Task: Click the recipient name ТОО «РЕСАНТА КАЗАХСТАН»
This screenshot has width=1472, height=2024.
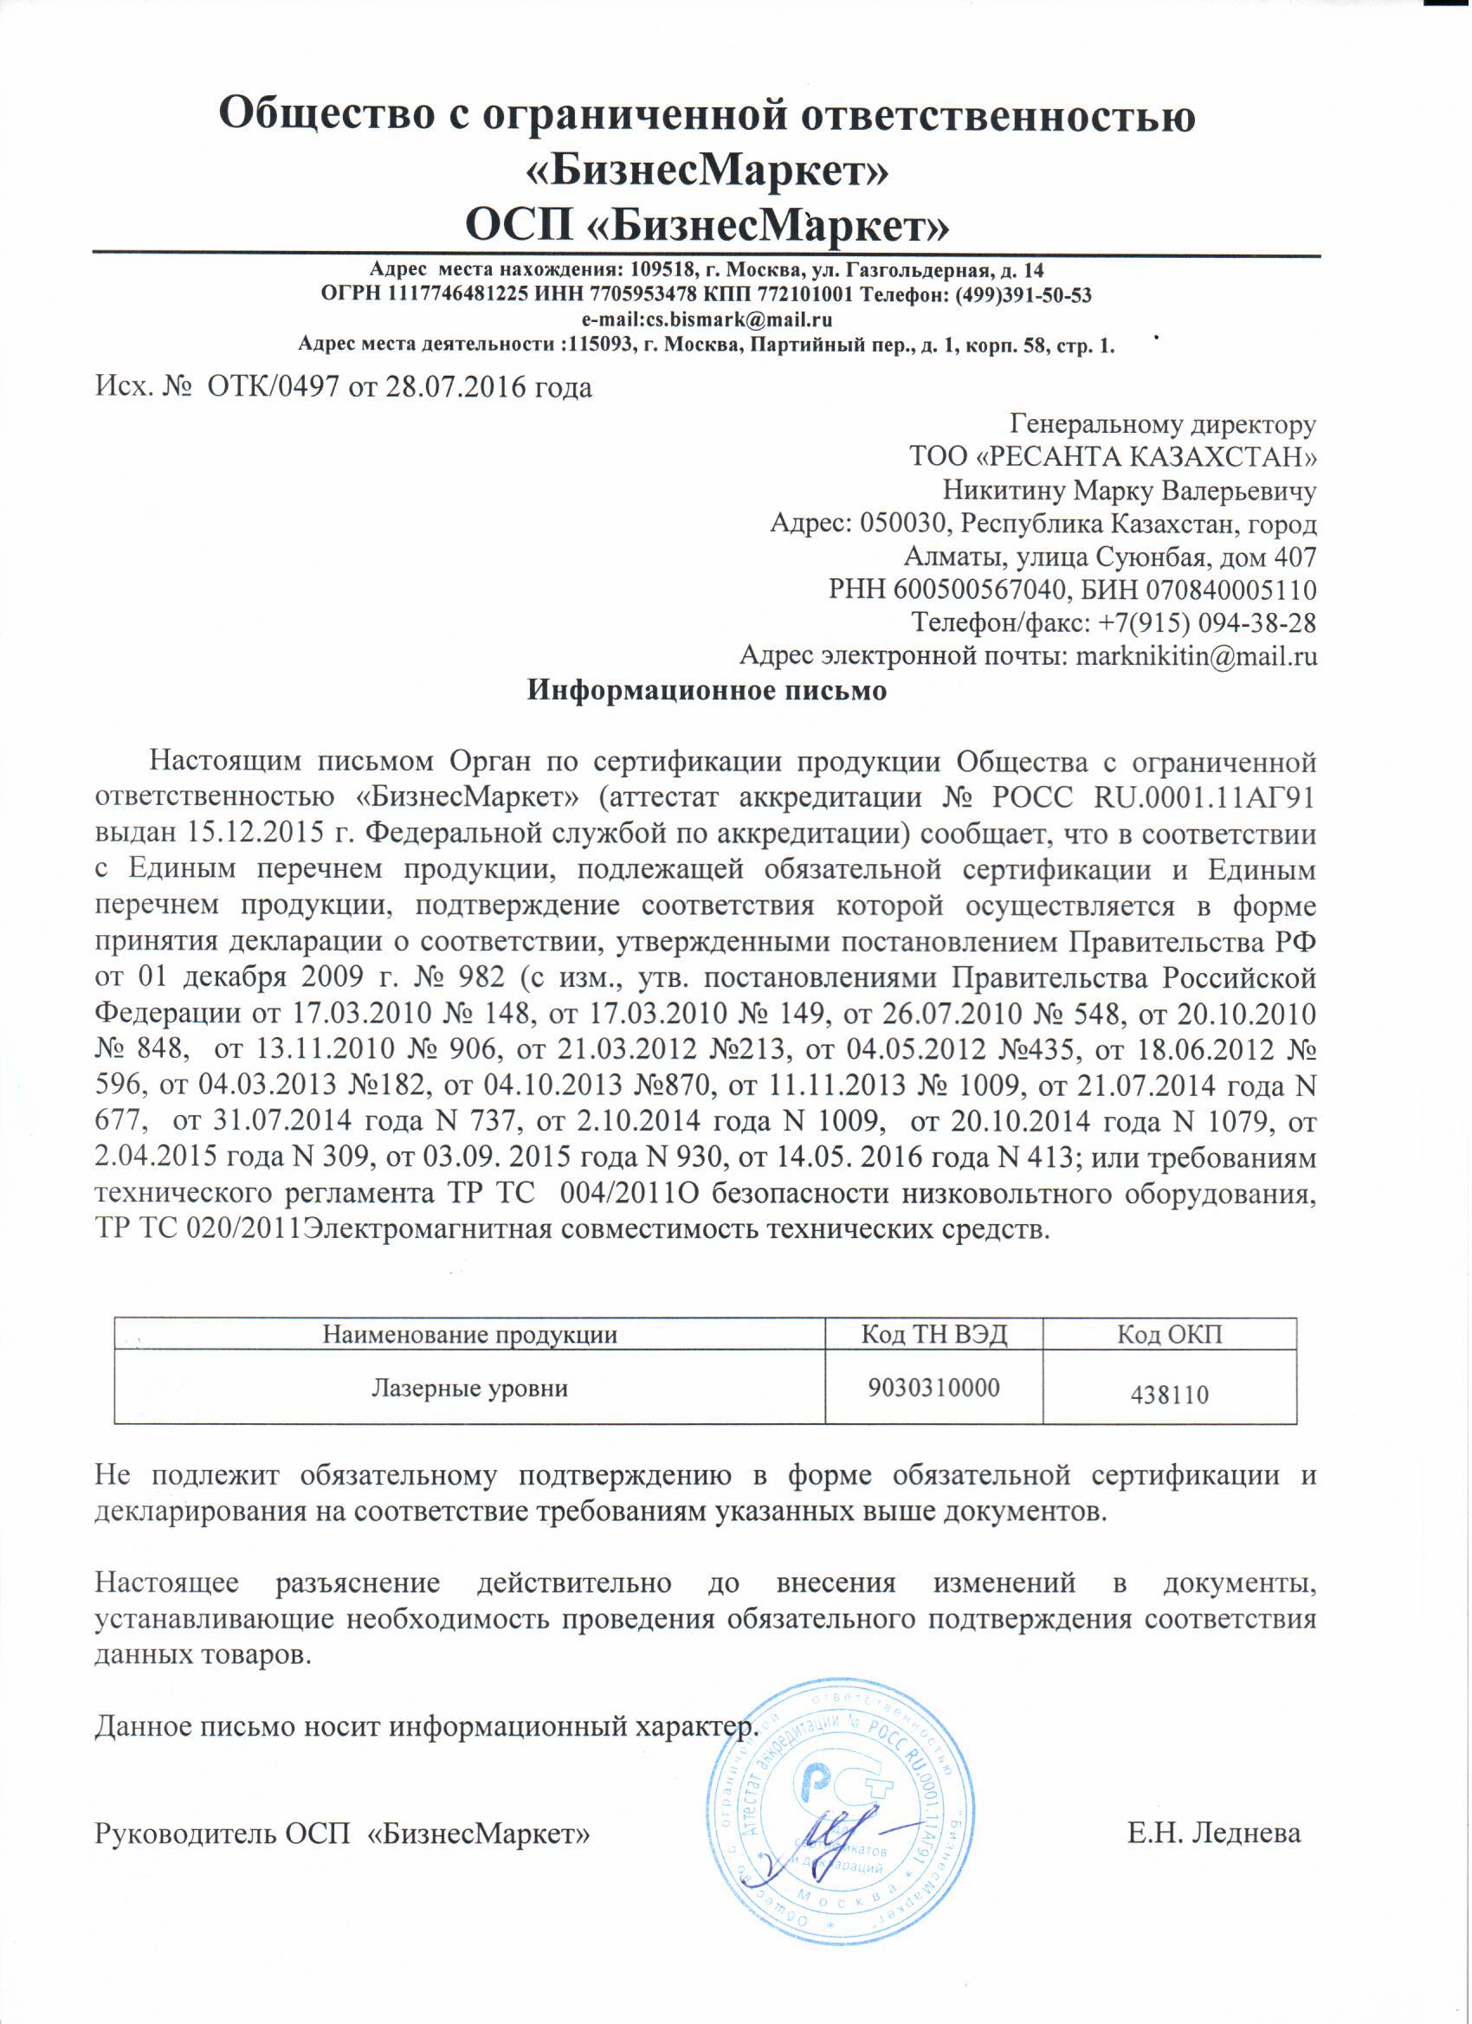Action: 1112,457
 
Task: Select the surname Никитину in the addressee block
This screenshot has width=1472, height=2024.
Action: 1006,490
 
